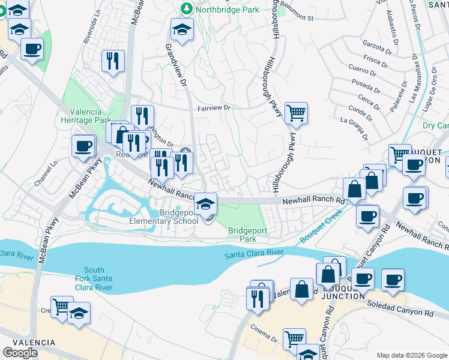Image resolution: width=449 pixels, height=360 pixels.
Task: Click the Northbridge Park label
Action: pos(228,10)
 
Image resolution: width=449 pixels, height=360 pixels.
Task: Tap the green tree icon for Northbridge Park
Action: pos(187,8)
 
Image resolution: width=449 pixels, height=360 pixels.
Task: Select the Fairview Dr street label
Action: pos(214,109)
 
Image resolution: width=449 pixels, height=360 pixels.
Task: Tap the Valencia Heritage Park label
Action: pos(89,116)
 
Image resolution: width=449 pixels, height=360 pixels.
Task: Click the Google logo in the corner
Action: pos(20,353)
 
